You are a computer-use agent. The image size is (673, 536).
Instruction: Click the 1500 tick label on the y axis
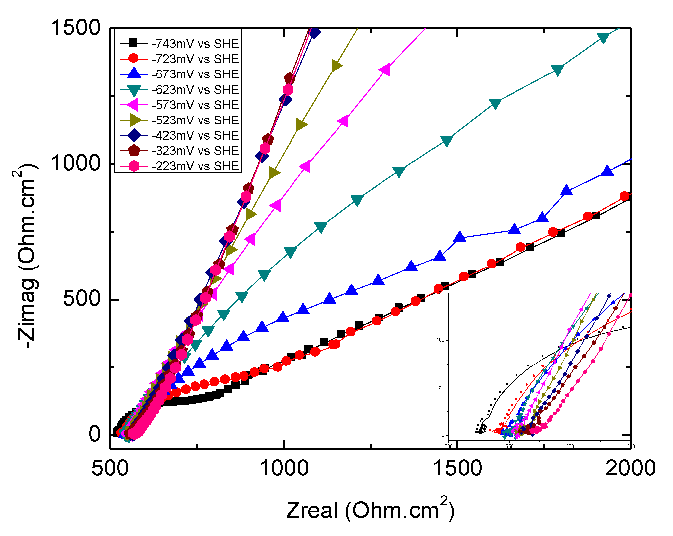75,27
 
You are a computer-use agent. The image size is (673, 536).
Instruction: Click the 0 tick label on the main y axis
95,434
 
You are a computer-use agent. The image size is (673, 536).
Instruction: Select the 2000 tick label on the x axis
631,468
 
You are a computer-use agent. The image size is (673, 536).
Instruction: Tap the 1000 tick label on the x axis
284,468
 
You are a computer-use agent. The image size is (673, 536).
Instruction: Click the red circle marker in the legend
133,59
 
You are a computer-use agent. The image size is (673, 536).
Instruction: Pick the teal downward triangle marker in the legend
134,90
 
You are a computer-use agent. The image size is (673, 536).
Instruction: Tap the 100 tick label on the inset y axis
440,340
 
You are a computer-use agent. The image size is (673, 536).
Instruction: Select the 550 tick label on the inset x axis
509,446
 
